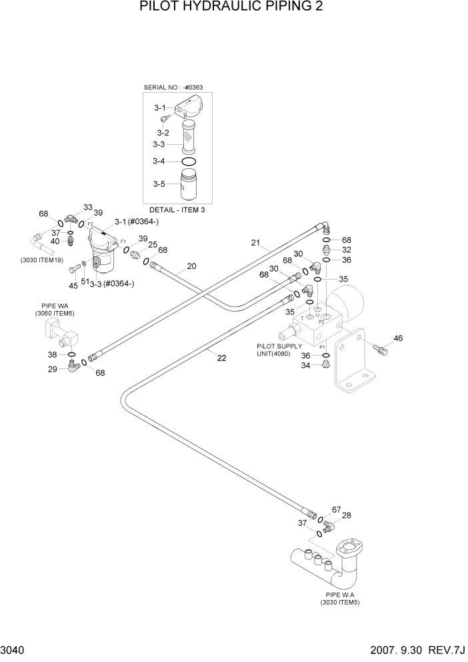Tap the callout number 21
(255, 243)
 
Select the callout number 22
(221, 358)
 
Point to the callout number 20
(191, 266)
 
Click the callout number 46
(398, 338)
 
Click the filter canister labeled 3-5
(189, 184)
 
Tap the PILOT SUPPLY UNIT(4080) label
(279, 350)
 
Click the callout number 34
(305, 365)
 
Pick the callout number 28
(346, 515)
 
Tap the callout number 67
(336, 509)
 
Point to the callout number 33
(87, 208)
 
